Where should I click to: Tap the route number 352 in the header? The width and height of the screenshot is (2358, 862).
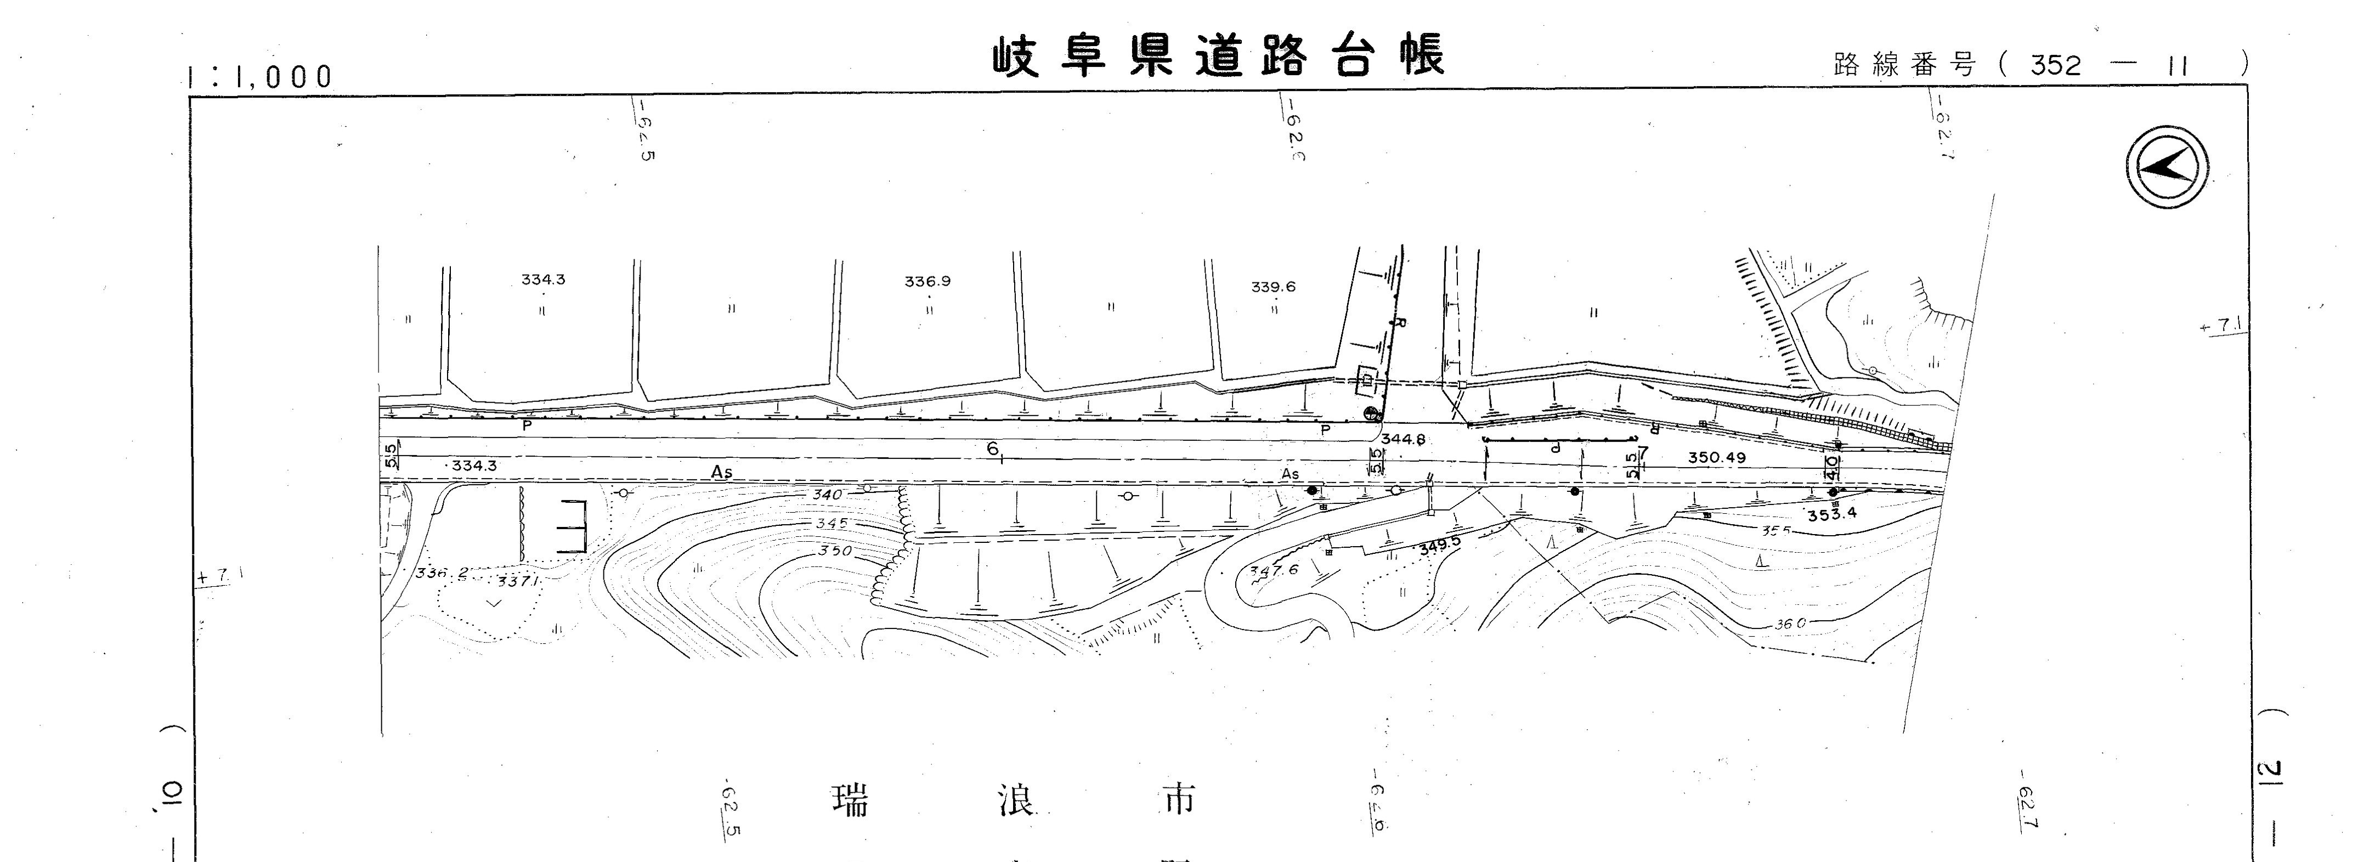pos(2055,65)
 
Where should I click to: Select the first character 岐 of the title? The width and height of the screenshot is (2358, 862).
pos(1016,56)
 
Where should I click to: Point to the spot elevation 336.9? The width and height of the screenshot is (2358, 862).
pos(928,282)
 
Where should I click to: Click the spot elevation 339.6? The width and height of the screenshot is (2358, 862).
pos(1273,287)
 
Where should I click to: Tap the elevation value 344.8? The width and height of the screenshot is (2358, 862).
pos(1403,439)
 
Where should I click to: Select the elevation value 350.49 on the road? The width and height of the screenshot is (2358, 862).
pos(1716,457)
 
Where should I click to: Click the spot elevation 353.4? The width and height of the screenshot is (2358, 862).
pos(1831,513)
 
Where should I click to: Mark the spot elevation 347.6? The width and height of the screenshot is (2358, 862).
pos(1273,570)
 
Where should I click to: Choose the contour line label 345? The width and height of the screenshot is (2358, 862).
pos(831,524)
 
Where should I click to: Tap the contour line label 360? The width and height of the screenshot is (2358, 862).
pos(1790,623)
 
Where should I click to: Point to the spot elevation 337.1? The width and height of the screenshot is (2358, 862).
pos(518,581)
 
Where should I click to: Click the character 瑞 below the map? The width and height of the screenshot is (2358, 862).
pos(850,801)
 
